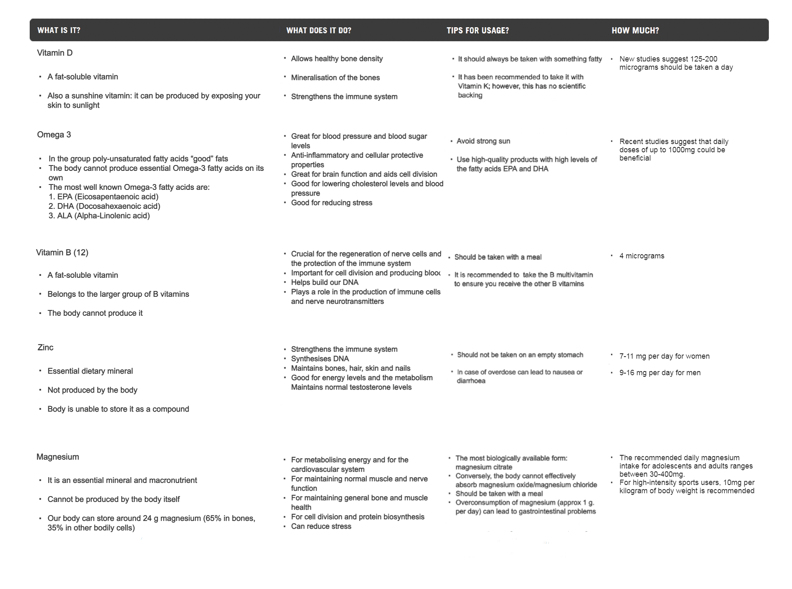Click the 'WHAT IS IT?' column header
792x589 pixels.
pyautogui.click(x=59, y=30)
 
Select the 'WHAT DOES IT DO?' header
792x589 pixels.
pyautogui.click(x=318, y=30)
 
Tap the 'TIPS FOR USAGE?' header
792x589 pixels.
pyautogui.click(x=477, y=30)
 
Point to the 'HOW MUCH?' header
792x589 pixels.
pyautogui.click(x=635, y=30)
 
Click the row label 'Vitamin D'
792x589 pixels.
pyautogui.click(x=55, y=53)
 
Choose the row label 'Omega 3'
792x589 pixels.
pyautogui.click(x=54, y=135)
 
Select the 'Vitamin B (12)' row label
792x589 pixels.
pyautogui.click(x=62, y=253)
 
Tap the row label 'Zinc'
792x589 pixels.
pyautogui.click(x=45, y=348)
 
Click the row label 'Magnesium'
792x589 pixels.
pyautogui.click(x=58, y=457)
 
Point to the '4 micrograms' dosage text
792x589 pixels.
pyautogui.click(x=641, y=256)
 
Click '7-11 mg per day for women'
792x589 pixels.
pyautogui.click(x=664, y=356)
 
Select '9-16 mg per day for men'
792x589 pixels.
pyautogui.click(x=660, y=373)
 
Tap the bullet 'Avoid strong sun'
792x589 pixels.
pyautogui.click(x=483, y=141)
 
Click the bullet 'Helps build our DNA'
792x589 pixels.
pyautogui.click(x=325, y=282)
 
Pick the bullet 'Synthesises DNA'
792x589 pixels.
pyautogui.click(x=320, y=359)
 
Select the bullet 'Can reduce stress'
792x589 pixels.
pyautogui.click(x=321, y=526)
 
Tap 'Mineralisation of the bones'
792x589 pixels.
pyautogui.click(x=335, y=78)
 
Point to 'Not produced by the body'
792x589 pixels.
pyautogui.click(x=92, y=390)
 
